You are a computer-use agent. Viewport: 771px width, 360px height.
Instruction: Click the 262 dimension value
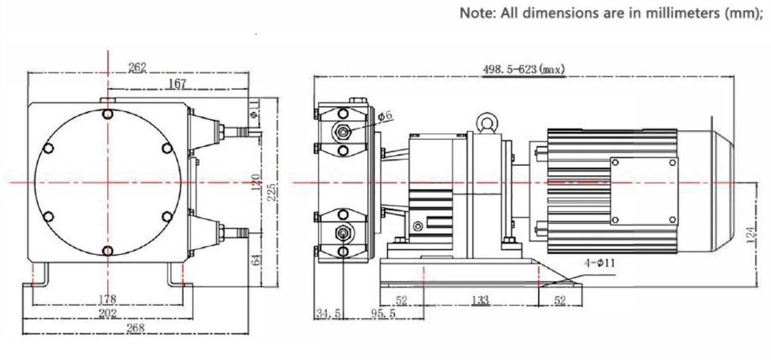coord(137,67)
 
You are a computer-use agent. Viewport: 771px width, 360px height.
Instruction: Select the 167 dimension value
coord(178,84)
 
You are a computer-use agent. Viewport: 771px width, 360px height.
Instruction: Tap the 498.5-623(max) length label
coord(524,69)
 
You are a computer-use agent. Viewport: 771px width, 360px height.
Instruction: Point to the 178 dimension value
coord(107,299)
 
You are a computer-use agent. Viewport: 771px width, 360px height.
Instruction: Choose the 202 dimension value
coord(107,313)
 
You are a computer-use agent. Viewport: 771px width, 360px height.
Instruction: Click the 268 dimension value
coord(135,328)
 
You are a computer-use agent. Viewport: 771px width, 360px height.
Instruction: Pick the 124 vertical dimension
coord(750,235)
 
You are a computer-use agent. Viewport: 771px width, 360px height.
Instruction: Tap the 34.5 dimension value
coord(328,314)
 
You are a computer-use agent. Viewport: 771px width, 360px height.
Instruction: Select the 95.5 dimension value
coord(383,314)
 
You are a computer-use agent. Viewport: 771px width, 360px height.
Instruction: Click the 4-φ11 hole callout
coord(599,263)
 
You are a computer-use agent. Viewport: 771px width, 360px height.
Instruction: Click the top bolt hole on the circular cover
coord(108,114)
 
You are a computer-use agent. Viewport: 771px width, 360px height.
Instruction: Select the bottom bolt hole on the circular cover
coord(108,251)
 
